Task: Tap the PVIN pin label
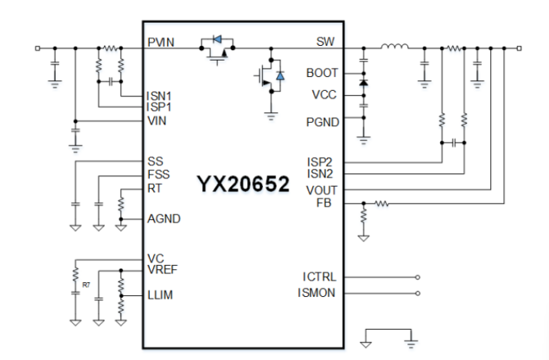(161, 43)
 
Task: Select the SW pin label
(326, 42)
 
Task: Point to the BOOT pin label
(322, 73)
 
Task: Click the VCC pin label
(325, 94)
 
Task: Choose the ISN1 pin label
(160, 95)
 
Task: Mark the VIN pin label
(156, 120)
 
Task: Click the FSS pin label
(158, 174)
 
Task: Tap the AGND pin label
(164, 218)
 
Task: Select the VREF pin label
(162, 269)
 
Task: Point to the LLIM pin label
(160, 295)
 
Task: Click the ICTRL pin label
(320, 277)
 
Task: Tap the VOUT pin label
(322, 190)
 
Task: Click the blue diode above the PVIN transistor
(218, 38)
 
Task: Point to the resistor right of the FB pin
(381, 203)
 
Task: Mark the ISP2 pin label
(321, 161)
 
